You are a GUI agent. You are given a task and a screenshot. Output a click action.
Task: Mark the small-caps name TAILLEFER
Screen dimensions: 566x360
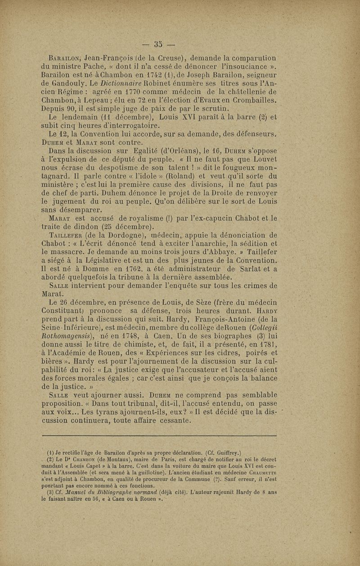coord(67,235)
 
